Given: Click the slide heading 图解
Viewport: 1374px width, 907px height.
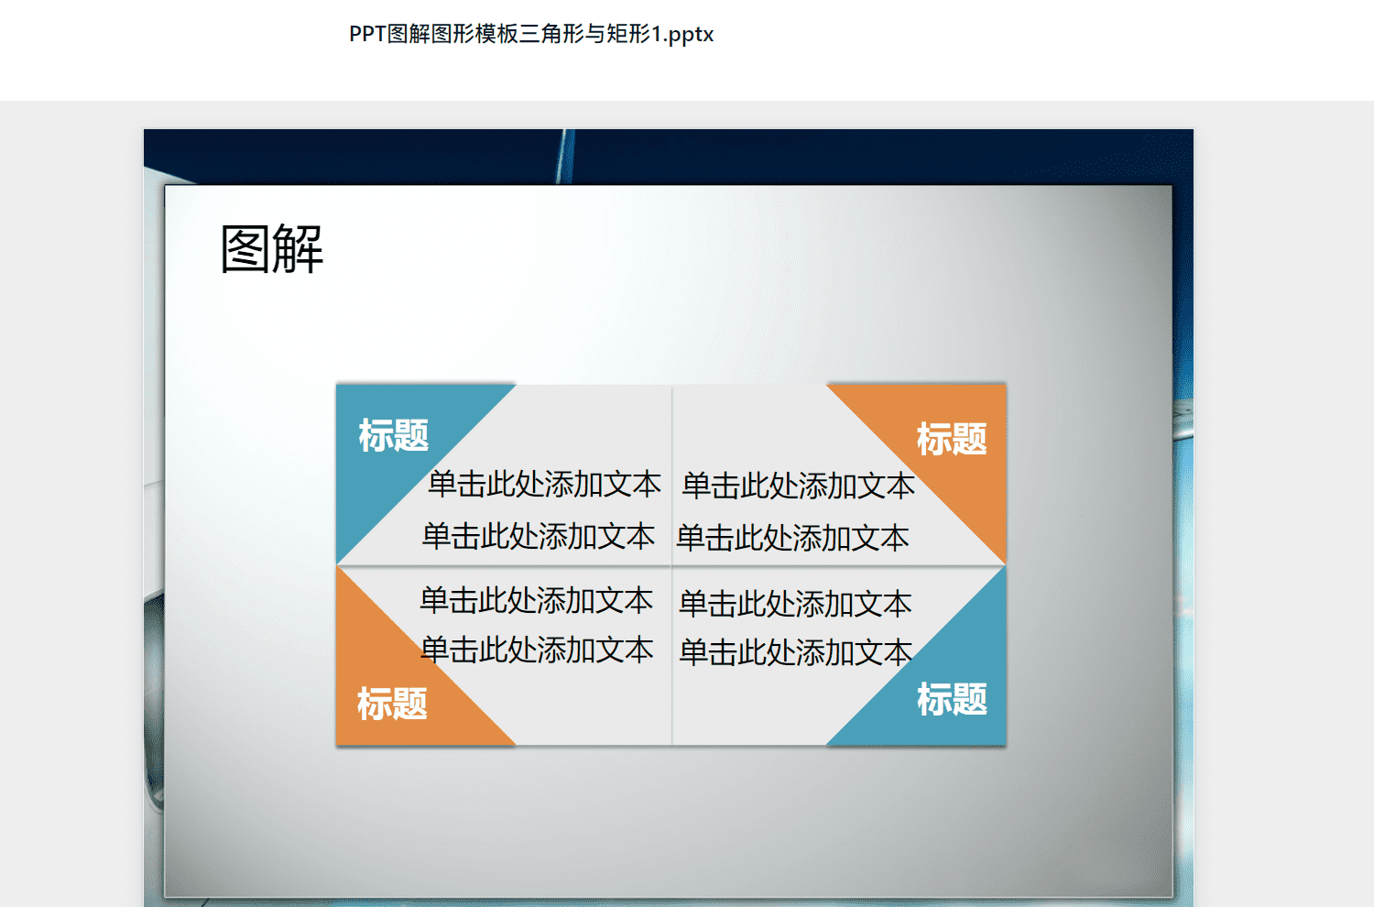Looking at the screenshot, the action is tap(272, 248).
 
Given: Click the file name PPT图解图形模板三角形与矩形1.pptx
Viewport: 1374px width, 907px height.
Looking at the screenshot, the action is tap(531, 35).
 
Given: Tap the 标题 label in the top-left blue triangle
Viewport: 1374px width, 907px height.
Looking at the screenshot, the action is tap(393, 435).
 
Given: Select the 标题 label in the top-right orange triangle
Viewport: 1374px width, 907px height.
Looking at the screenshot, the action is tap(952, 439).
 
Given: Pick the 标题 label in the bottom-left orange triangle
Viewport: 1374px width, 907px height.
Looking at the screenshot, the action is tap(392, 704).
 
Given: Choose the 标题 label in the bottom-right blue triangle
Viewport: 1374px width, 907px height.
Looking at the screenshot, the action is tap(952, 699).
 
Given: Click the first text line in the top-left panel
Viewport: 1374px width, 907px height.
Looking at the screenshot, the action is tap(544, 484).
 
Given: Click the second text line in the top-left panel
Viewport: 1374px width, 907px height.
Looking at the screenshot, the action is tap(539, 536).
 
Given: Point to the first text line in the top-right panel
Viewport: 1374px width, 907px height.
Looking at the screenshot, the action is tap(798, 486).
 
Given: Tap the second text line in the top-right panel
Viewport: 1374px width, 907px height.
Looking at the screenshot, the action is tap(792, 538).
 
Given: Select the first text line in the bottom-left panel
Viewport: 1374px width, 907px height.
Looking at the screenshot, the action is tap(536, 600).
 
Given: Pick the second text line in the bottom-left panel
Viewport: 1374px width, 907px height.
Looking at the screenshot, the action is tap(537, 650).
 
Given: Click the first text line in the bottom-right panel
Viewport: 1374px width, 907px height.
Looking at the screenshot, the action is tap(795, 603).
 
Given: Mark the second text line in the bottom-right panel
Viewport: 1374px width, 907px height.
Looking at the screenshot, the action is tap(796, 651).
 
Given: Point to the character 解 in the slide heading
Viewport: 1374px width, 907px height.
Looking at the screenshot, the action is tap(298, 248).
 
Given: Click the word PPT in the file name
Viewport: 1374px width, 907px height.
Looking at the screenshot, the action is tap(367, 35).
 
